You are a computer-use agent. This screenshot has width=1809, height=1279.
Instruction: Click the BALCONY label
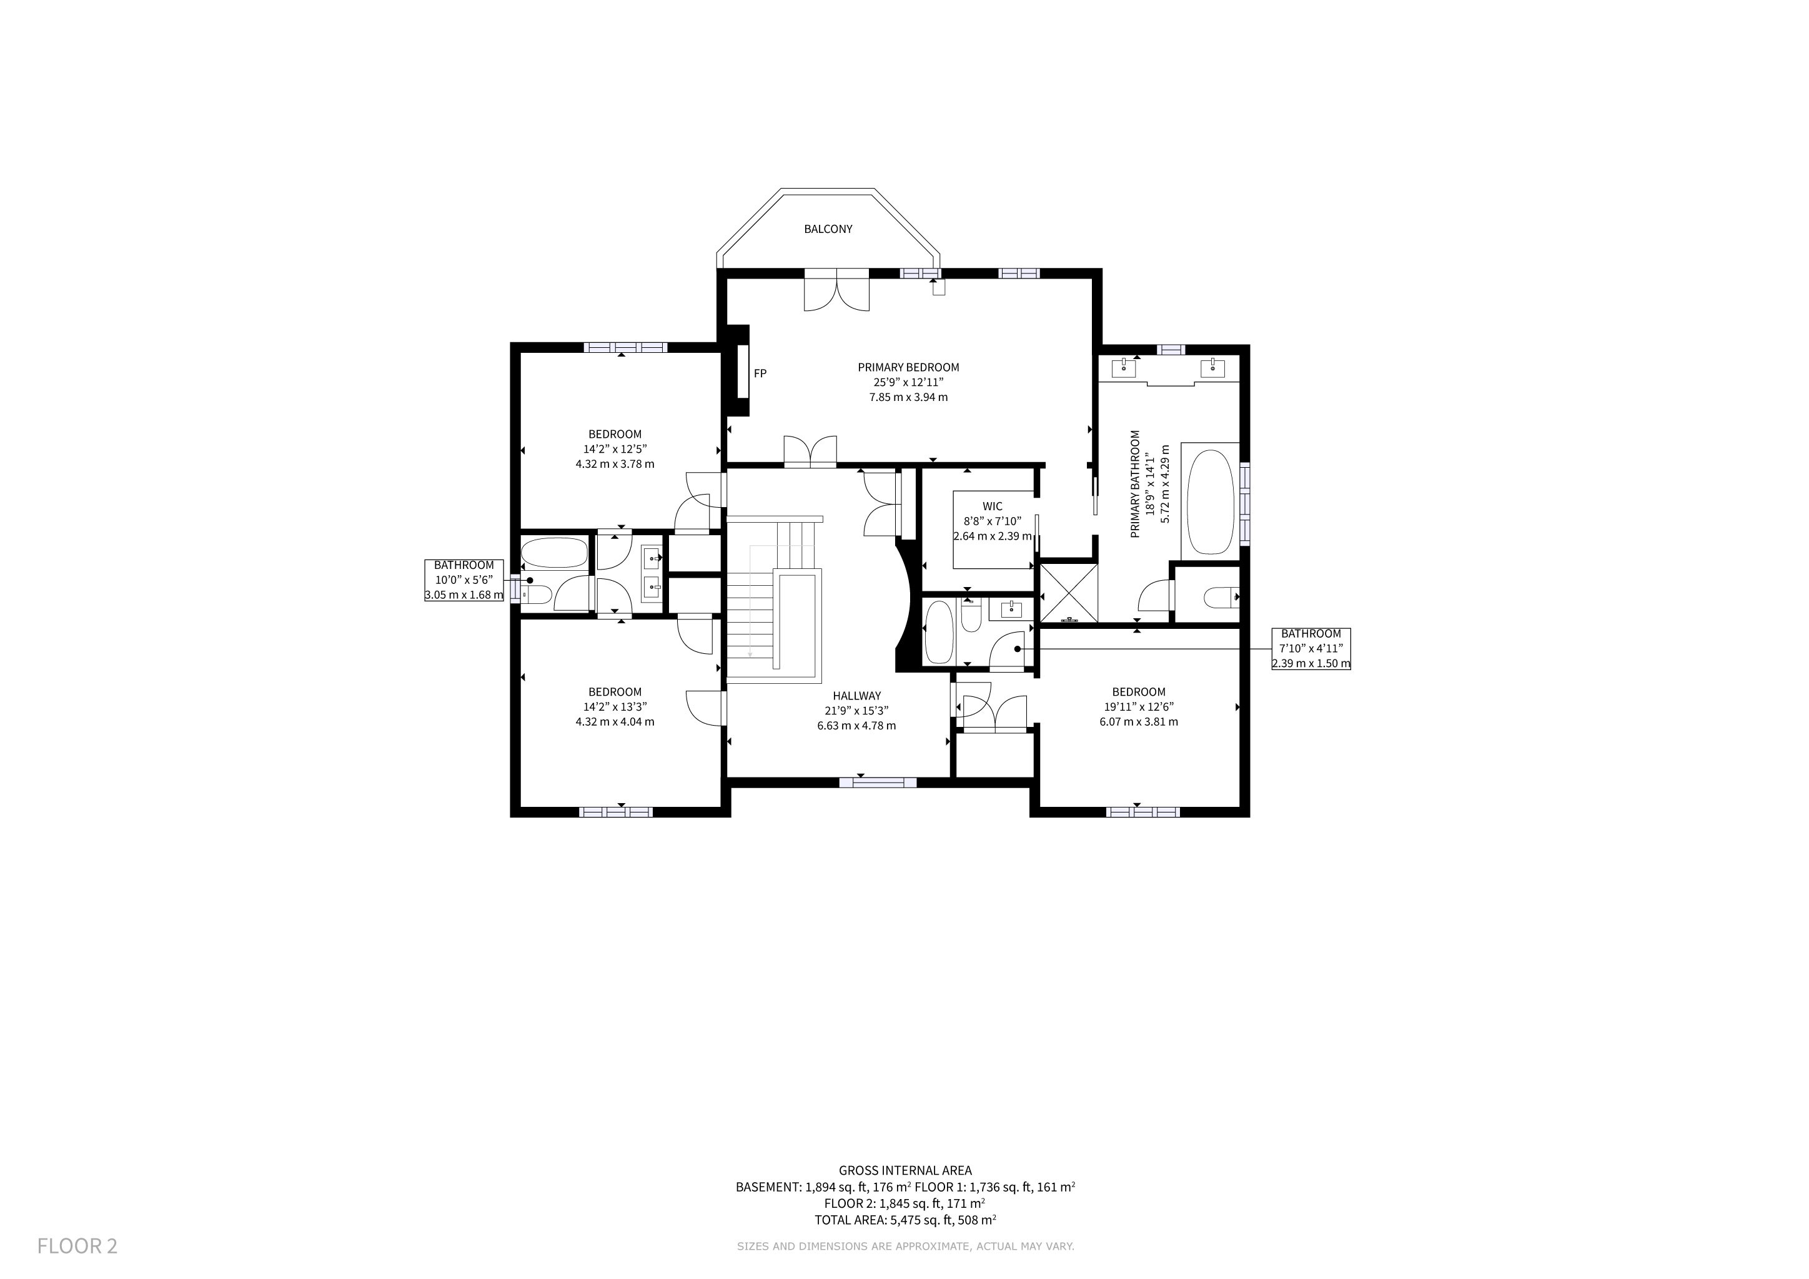828,229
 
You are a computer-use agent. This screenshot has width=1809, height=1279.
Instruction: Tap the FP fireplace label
760,373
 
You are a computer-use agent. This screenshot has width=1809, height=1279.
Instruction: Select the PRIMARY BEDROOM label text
908,367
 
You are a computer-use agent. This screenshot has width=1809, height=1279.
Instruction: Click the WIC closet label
993,506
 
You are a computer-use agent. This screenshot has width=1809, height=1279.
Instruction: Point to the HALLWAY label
856,696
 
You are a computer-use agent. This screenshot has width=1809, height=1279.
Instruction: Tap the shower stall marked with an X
1068,592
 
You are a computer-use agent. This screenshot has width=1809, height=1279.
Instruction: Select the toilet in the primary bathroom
1221,598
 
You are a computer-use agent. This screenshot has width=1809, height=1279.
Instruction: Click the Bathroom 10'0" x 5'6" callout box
464,580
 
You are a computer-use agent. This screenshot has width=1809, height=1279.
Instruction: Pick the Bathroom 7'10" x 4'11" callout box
1311,649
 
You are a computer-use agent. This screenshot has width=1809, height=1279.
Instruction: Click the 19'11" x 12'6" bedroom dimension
1139,706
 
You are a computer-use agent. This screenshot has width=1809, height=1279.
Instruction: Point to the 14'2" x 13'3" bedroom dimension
615,706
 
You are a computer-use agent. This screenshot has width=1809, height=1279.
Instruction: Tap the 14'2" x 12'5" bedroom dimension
615,449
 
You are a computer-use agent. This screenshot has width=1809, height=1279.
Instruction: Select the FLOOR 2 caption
77,1246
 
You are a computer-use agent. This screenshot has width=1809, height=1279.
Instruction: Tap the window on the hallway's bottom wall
878,782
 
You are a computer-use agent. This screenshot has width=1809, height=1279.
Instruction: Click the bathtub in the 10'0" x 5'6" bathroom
555,553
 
